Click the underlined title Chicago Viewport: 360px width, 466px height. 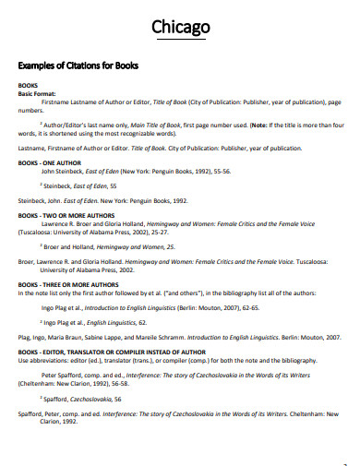click(x=180, y=27)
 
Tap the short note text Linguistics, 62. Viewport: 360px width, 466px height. click(x=124, y=323)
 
